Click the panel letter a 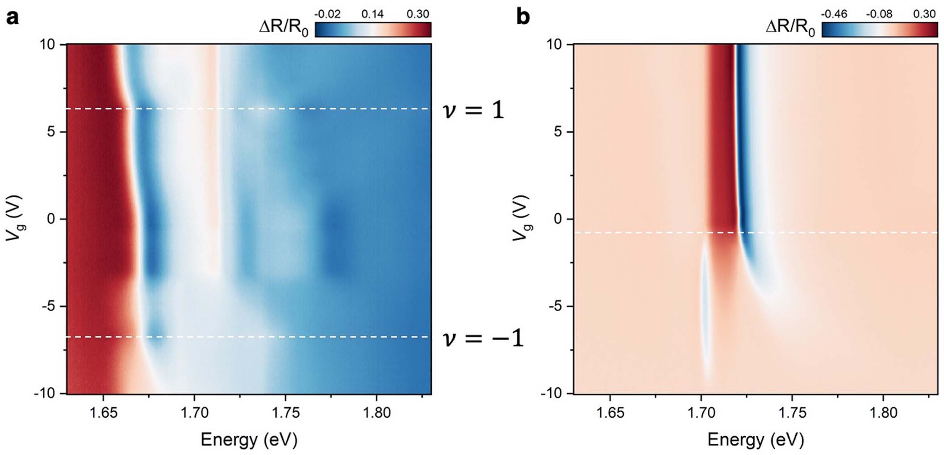coord(13,19)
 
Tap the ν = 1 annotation coord(473,110)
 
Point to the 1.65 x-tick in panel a coord(103,412)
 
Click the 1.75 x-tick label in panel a coord(285,412)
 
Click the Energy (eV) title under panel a coord(249,440)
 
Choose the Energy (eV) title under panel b coord(756,440)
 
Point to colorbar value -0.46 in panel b coord(834,14)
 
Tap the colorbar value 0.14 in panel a coord(372,14)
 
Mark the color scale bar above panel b coord(879,29)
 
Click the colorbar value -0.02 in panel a coord(327,14)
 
